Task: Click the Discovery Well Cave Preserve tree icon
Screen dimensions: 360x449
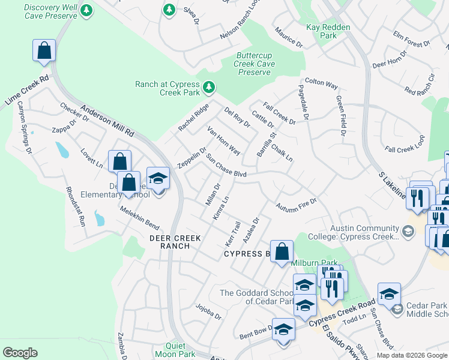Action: point(87,10)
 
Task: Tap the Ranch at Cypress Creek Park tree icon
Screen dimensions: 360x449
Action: point(209,88)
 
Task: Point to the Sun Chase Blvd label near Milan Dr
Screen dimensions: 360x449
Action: point(227,166)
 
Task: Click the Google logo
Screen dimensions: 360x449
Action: point(20,353)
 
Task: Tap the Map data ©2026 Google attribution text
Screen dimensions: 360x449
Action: point(411,355)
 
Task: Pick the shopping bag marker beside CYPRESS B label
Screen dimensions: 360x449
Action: point(282,252)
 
